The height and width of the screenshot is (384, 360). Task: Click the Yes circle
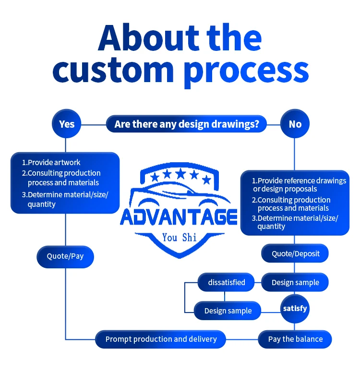tap(67, 124)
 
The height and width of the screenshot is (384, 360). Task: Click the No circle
tap(295, 124)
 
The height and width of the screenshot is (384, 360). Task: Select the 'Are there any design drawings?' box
tap(187, 124)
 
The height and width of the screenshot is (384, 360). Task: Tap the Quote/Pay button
tap(65, 256)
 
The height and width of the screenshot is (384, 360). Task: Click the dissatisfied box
tap(227, 282)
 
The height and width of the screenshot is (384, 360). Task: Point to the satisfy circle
tap(295, 309)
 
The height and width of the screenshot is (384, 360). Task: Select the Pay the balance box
tap(295, 339)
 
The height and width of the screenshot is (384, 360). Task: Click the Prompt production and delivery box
tap(161, 339)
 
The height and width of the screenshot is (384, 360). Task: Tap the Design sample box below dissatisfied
tap(228, 311)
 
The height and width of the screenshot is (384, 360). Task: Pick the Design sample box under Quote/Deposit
tap(295, 282)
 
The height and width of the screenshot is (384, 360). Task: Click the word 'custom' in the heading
tap(113, 70)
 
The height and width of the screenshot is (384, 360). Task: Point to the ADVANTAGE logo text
tap(179, 217)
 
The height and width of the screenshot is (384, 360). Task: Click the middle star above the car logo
tap(180, 173)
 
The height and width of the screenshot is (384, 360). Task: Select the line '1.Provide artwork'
tap(51, 162)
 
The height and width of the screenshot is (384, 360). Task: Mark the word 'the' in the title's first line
tap(234, 38)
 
